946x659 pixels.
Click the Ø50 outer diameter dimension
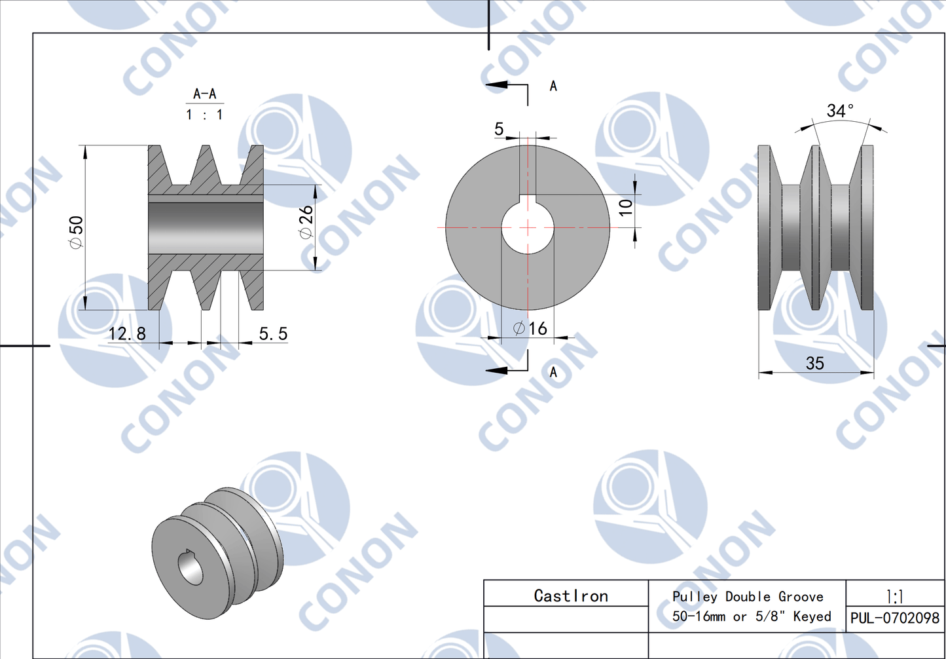tap(77, 232)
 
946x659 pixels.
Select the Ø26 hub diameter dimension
tap(306, 222)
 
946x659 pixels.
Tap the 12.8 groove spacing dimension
tap(127, 334)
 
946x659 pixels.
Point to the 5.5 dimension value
tap(273, 334)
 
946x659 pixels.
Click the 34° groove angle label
tap(840, 111)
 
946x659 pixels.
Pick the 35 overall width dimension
tap(814, 364)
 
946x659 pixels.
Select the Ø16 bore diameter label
tap(530, 328)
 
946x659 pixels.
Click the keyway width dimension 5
tap(499, 129)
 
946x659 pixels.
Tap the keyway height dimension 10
tap(626, 207)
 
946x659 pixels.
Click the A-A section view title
tap(204, 94)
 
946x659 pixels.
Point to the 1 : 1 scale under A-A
tap(204, 115)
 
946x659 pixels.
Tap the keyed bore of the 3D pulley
tap(191, 567)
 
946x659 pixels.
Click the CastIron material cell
tap(571, 596)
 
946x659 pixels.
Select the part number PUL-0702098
tap(894, 618)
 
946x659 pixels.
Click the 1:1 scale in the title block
tap(894, 596)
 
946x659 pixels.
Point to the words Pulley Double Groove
tap(748, 597)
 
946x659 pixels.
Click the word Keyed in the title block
tap(812, 616)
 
